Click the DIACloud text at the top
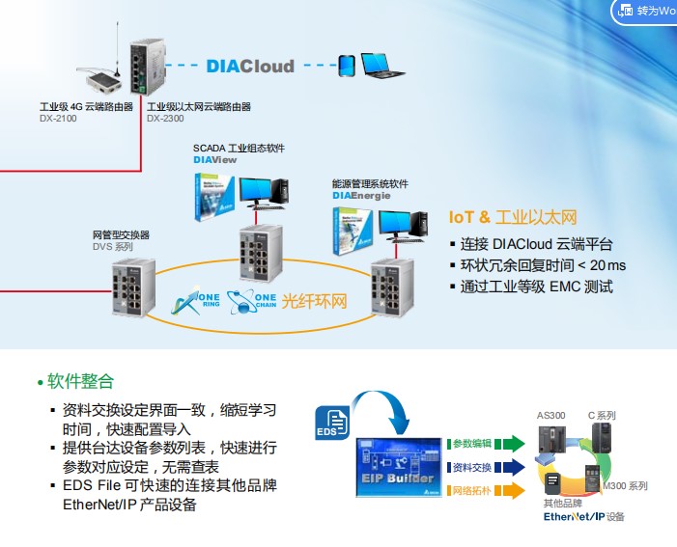coord(249,67)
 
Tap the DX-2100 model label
coord(57,119)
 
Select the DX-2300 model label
coord(166,119)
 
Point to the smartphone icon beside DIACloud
coord(346,67)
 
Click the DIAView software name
coord(214,159)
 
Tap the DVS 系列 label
coord(112,247)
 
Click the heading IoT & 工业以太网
coord(512,217)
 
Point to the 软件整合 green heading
coord(80,382)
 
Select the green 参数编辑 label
coord(472,444)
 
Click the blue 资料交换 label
coord(472,468)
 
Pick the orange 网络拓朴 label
coord(472,491)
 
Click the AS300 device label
coord(550,416)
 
